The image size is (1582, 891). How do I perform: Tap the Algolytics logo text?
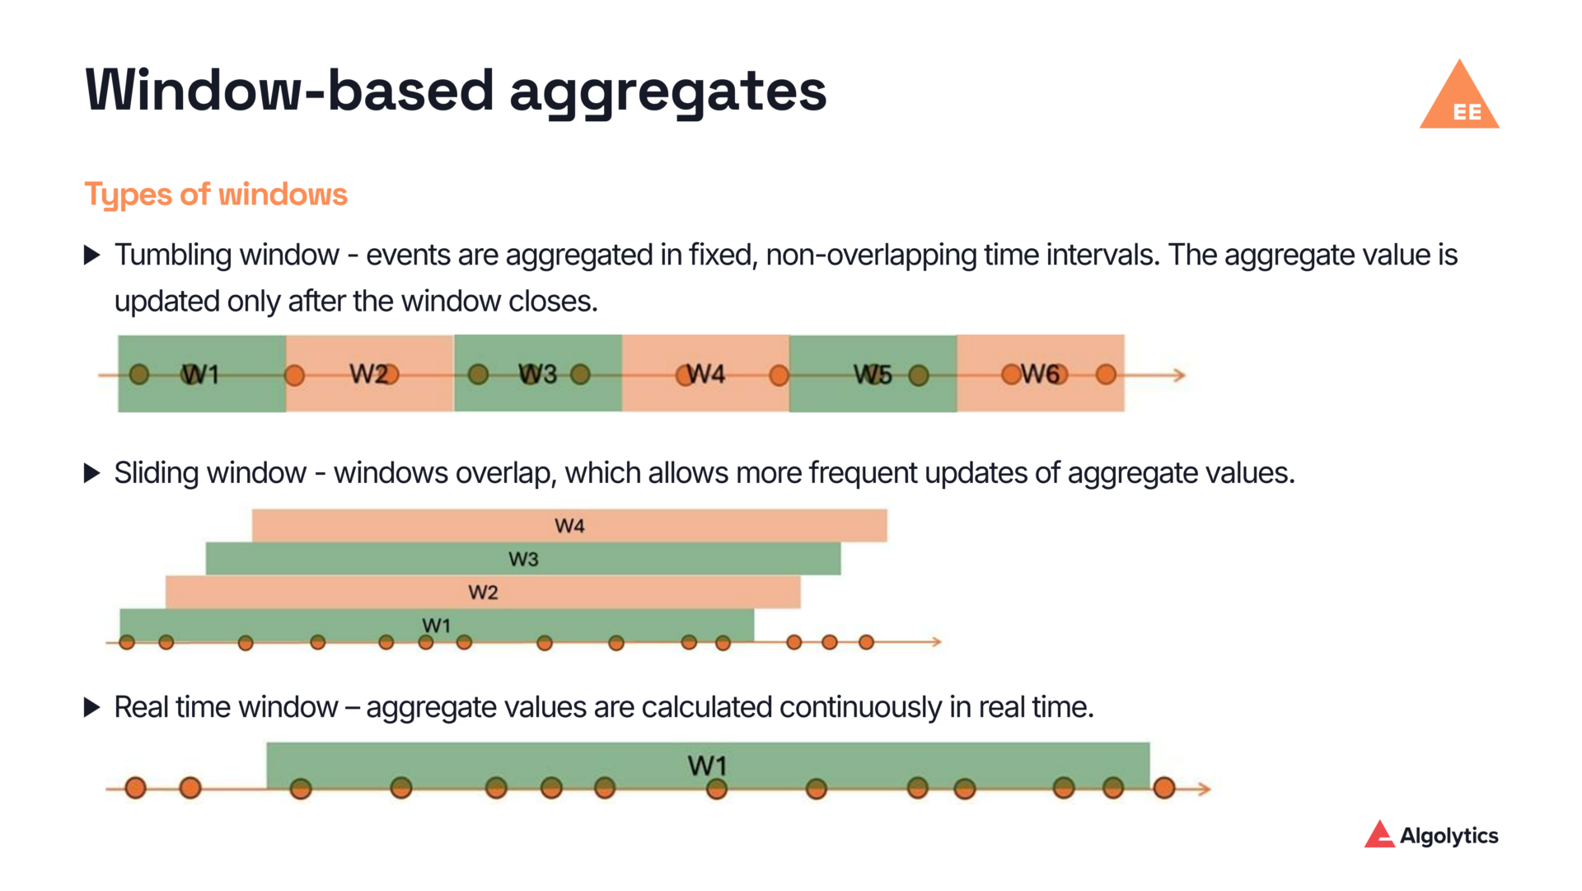[x=1448, y=836]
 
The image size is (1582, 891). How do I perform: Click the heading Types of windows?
[x=216, y=195]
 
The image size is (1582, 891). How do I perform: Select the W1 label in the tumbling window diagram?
[x=200, y=374]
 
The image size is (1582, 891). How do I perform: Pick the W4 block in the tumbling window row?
[x=705, y=373]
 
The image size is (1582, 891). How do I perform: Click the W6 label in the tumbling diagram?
[x=1040, y=374]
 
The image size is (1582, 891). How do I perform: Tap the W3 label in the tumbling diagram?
[x=537, y=374]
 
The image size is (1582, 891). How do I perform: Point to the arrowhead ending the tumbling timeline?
[x=1180, y=375]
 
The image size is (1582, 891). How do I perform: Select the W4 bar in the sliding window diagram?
[x=569, y=526]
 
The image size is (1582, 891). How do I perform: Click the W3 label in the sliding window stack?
[x=523, y=559]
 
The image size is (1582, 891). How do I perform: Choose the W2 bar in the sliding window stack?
[x=483, y=592]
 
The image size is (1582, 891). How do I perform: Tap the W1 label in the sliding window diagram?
[x=436, y=625]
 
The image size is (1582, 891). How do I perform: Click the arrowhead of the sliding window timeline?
[x=936, y=641]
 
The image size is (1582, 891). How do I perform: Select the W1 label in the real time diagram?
[x=707, y=766]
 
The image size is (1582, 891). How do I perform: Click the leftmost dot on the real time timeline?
[x=136, y=788]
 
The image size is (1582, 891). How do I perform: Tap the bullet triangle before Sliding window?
[x=92, y=473]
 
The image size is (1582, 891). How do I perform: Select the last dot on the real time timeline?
[x=1163, y=788]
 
